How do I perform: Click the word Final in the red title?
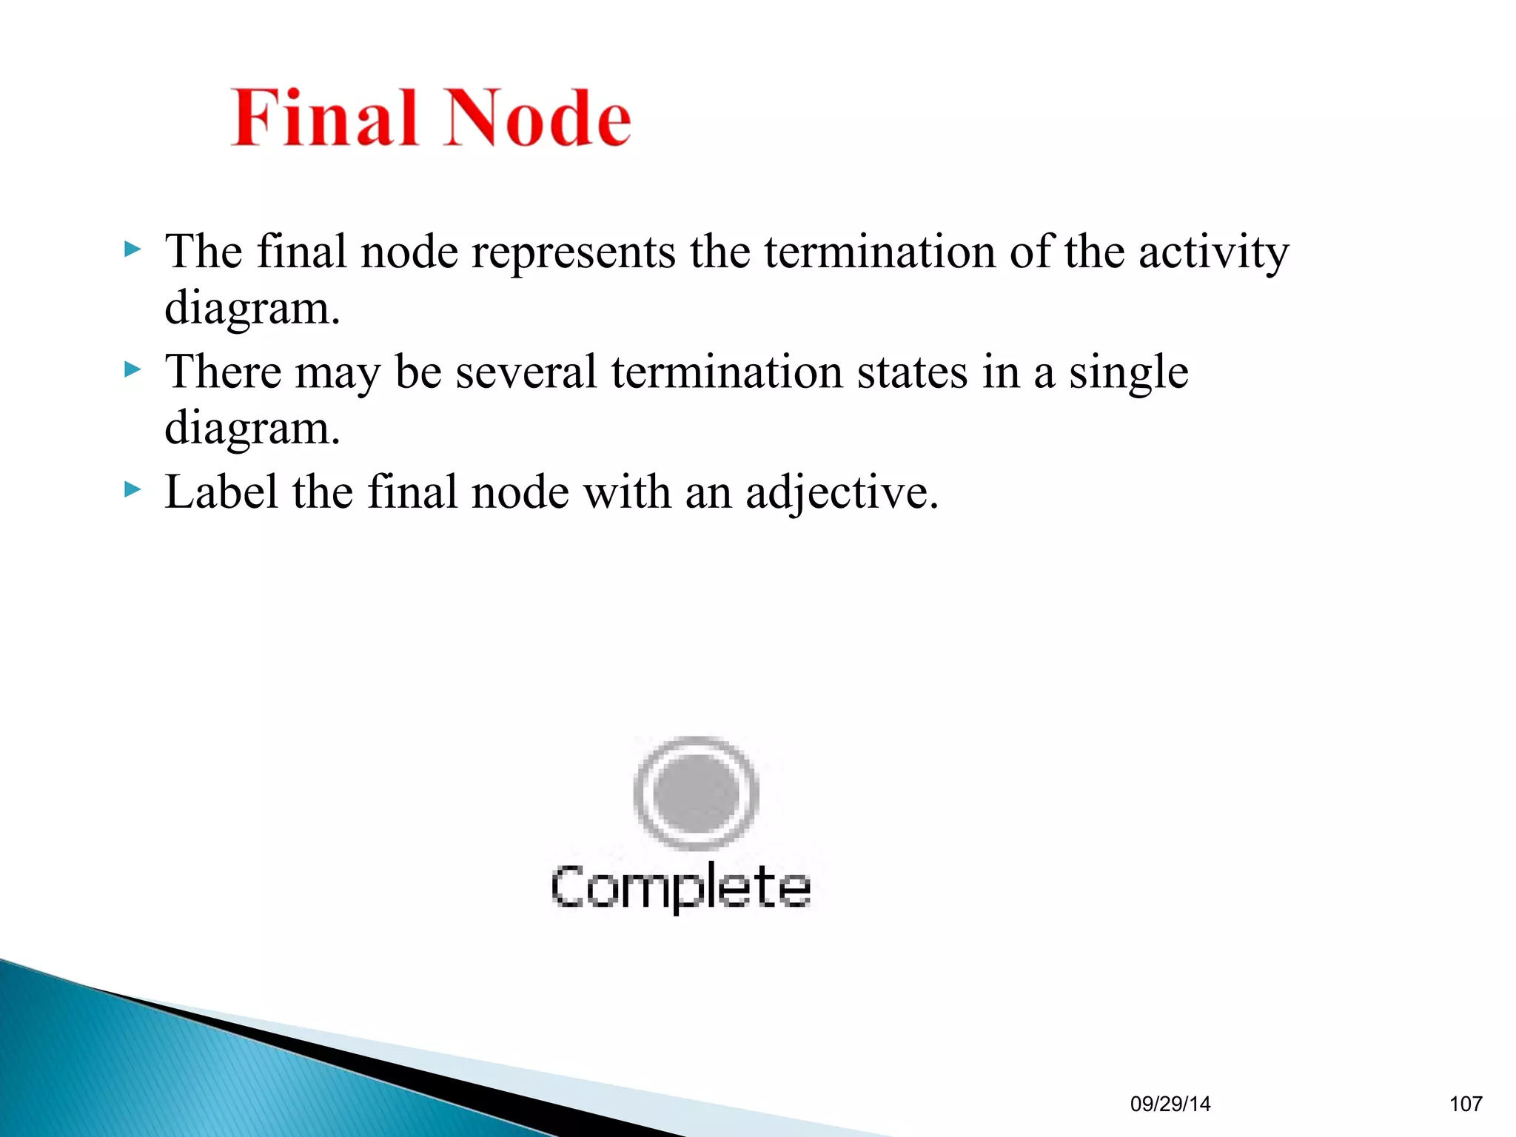[326, 118]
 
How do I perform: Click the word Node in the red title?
[538, 118]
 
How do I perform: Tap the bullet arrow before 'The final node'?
[132, 249]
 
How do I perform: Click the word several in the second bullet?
[526, 372]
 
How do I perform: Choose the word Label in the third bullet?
[221, 492]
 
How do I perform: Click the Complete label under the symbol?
[681, 887]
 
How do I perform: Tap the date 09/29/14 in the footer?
[1170, 1104]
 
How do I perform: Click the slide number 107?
[1466, 1104]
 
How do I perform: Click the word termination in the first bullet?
[880, 252]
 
